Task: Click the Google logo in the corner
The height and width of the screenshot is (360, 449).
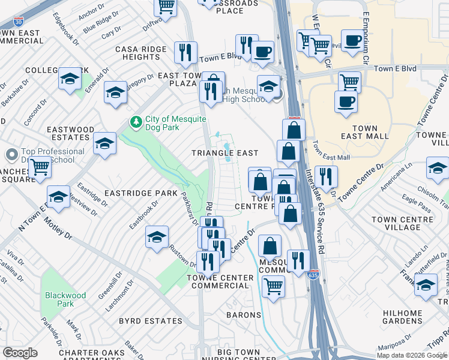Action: coord(20,353)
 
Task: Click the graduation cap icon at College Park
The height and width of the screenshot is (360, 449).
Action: coord(70,79)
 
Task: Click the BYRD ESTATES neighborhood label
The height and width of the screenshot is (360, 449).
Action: coord(150,321)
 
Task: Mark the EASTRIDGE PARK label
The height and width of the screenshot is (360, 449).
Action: coord(141,193)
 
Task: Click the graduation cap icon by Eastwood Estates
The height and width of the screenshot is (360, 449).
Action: coord(104,143)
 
